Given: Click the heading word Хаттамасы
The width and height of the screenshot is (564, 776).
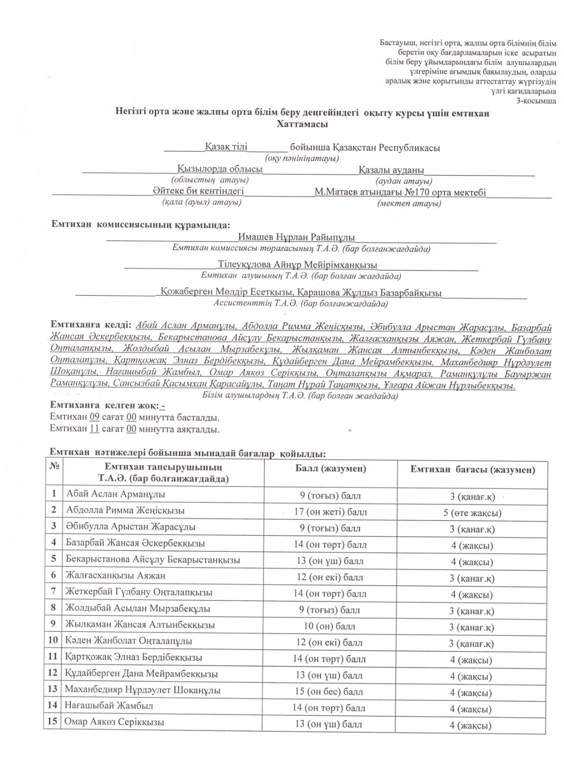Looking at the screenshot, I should pos(302,124).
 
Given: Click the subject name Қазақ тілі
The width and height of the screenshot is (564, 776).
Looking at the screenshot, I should pos(226,146).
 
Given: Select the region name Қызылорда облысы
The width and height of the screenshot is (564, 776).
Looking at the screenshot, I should pos(220,169).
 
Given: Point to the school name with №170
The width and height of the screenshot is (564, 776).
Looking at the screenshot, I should pos(400,193).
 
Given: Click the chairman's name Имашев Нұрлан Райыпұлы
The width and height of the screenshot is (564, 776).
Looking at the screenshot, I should pos(296,238).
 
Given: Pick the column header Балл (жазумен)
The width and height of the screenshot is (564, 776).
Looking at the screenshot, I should pos(330,469).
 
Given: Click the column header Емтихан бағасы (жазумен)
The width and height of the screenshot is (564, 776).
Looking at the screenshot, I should pos(472,469).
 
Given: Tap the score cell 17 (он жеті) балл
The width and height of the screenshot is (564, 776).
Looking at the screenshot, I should pos(330,512).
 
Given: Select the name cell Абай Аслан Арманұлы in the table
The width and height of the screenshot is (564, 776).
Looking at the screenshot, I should pos(115,494).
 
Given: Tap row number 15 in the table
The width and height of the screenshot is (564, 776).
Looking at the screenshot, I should pos(52,722).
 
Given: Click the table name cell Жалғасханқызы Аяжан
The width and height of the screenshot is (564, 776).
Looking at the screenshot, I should pos(115,576).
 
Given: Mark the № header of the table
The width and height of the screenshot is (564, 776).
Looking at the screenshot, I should pos(54,466).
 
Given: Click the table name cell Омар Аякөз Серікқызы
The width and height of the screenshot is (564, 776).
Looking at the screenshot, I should pos(114,722).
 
